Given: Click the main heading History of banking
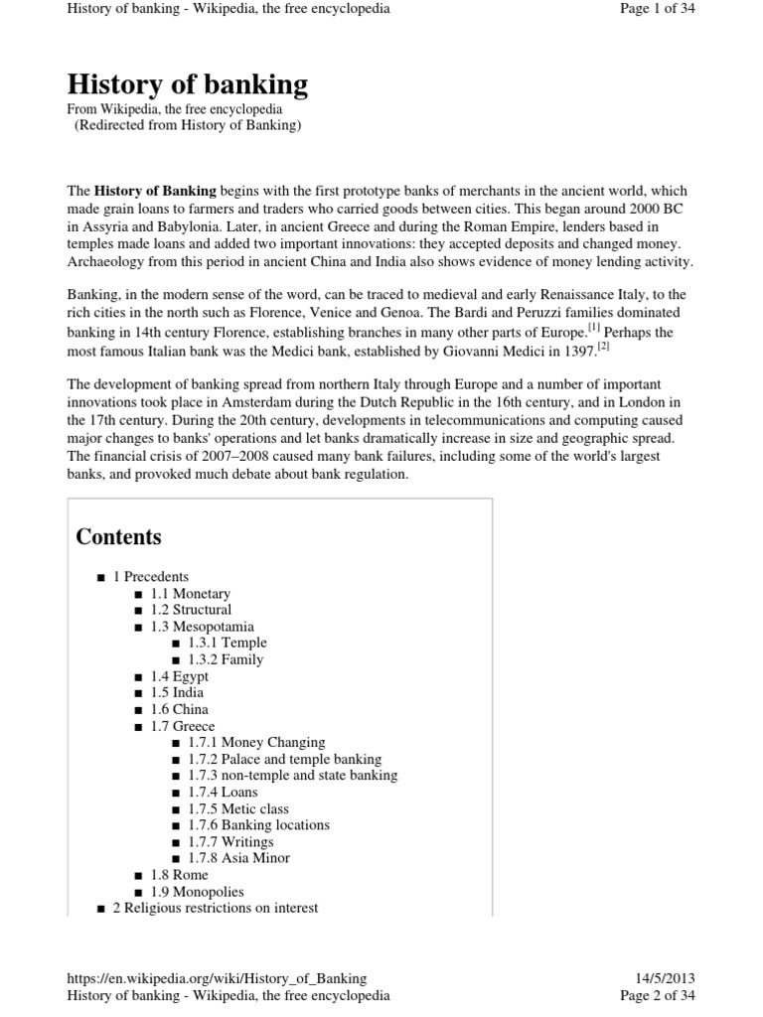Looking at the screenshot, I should (187, 84).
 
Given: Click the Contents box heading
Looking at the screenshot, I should (118, 537).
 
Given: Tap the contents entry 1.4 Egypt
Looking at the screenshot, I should (180, 676).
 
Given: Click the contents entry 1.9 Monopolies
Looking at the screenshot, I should (197, 892).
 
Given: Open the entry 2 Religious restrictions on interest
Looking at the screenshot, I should (215, 908).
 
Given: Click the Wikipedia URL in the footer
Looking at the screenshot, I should (217, 978).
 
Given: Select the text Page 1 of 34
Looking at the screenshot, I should (658, 9).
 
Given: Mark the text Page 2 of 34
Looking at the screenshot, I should (658, 995).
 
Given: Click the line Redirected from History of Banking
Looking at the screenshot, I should (188, 125).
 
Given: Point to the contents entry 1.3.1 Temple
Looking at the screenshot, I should (227, 643).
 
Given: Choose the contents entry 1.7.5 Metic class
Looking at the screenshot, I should (238, 808).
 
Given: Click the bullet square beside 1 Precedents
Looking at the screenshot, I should (101, 577).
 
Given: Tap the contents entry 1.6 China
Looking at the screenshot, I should (179, 709).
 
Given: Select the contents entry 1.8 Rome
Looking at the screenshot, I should (179, 875).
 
